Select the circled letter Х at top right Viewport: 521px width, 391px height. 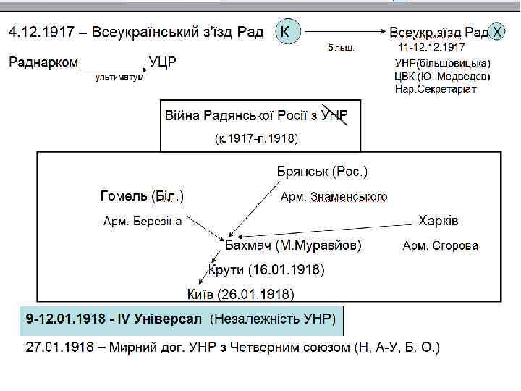point(498,33)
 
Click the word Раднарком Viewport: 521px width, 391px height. point(43,62)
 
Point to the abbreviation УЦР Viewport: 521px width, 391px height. point(164,62)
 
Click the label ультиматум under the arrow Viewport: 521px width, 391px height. point(119,77)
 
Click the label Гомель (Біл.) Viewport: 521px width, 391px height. point(142,195)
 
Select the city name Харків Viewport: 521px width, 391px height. point(439,220)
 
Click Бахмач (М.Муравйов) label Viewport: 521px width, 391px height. point(294,245)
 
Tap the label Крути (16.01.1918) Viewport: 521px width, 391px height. point(267,270)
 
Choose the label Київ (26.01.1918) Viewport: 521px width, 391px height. point(241,294)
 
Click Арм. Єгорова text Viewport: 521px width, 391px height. point(440,246)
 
